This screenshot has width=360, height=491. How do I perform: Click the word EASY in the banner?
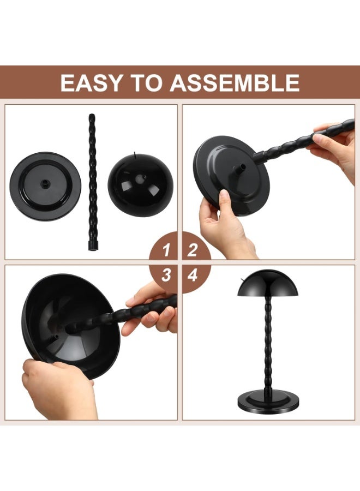91,83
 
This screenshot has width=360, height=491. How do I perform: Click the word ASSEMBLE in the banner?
235,83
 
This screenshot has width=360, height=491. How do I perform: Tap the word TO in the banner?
146,83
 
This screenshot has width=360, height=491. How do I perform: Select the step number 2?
193,250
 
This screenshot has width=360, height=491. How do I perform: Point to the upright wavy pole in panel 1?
91,180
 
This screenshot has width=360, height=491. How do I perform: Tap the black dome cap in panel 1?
141,186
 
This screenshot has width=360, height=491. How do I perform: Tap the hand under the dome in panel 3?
57,390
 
